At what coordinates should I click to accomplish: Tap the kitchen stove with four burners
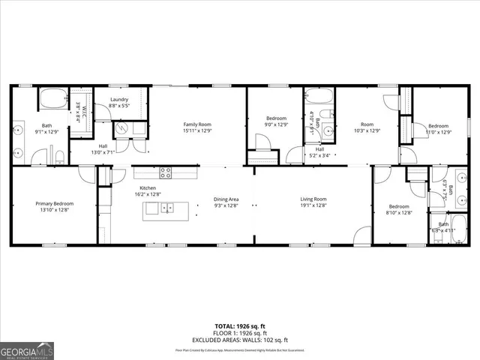pyautogui.click(x=165, y=172)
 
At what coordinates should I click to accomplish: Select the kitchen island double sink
pyautogui.click(x=166, y=208)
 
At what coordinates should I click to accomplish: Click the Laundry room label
pyautogui.click(x=119, y=100)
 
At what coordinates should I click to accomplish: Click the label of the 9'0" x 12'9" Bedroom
pyautogui.click(x=277, y=118)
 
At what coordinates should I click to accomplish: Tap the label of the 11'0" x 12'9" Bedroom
pyautogui.click(x=438, y=126)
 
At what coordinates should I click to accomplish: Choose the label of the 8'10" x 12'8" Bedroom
pyautogui.click(x=399, y=206)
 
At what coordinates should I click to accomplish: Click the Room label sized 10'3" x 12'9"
pyautogui.click(x=367, y=125)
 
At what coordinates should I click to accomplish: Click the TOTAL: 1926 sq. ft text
pyautogui.click(x=239, y=327)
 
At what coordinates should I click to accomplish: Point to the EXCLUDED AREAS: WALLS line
pyautogui.click(x=239, y=340)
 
